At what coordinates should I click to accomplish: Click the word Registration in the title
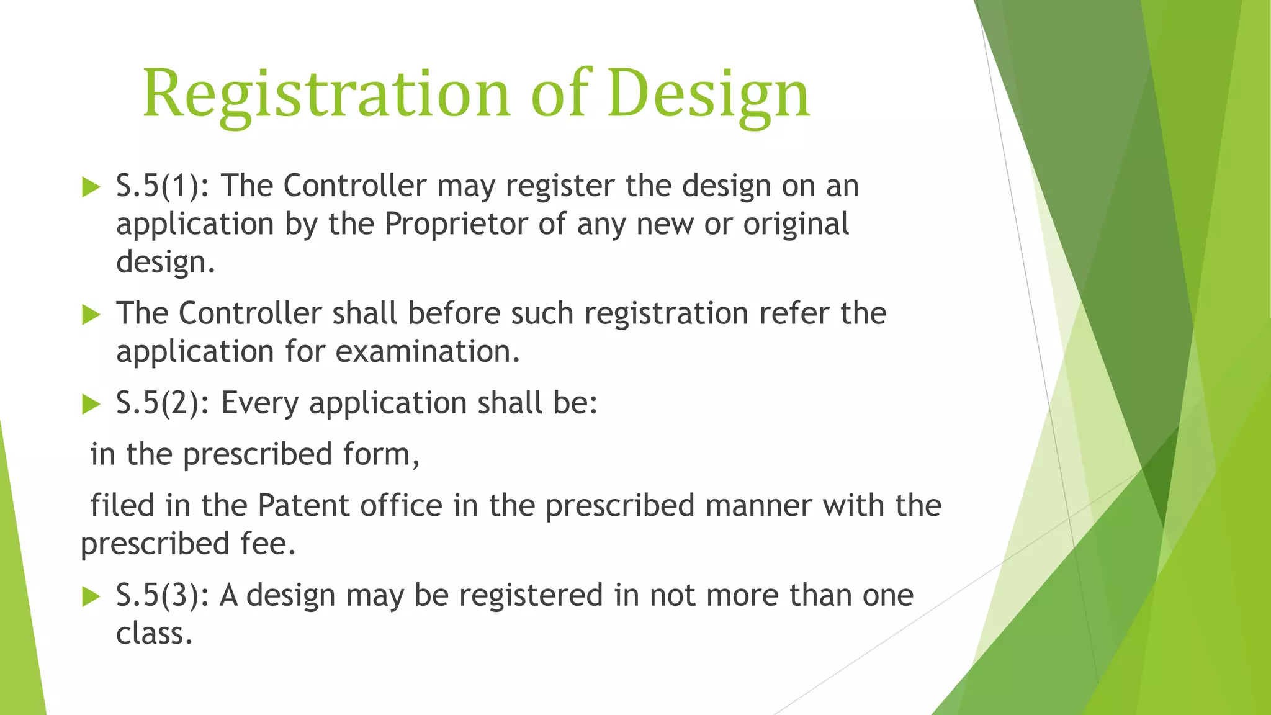(326, 94)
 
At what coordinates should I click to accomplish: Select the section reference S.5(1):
(163, 186)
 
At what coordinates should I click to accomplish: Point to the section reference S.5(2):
(163, 403)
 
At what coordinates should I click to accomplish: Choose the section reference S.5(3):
(163, 595)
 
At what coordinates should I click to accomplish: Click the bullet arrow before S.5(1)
(91, 187)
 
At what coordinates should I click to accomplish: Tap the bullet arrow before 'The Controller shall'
(91, 314)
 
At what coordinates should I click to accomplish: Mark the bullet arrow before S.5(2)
(91, 404)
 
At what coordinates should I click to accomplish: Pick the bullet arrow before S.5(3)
(91, 596)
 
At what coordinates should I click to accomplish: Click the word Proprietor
(456, 224)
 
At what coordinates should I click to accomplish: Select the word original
(796, 224)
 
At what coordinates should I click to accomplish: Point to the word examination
(428, 352)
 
